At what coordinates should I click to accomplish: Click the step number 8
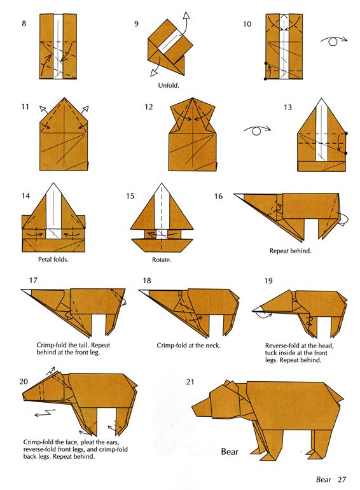click(x=24, y=24)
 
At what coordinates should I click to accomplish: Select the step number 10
click(x=247, y=24)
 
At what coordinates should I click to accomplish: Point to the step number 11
click(x=25, y=107)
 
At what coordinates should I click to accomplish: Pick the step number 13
click(x=287, y=107)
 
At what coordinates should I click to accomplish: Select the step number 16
click(x=218, y=196)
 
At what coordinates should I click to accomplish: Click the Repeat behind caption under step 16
click(x=291, y=251)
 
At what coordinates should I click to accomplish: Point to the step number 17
click(x=34, y=280)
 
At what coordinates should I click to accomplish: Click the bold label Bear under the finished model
click(x=229, y=452)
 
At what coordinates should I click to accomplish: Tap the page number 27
click(x=342, y=479)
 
